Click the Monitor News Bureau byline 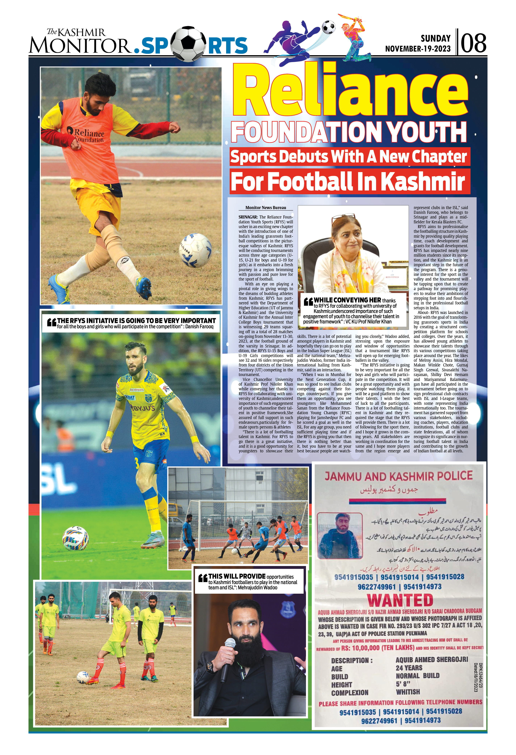266,208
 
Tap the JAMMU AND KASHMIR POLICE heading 399,476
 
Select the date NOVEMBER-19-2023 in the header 418,49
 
